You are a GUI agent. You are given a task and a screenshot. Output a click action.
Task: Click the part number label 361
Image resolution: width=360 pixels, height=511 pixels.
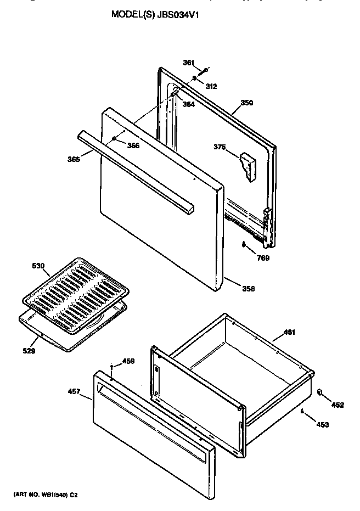188,63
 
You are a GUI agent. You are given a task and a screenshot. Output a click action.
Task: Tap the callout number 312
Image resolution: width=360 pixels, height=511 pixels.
211,86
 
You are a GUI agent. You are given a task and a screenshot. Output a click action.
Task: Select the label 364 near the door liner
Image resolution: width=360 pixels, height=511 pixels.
188,105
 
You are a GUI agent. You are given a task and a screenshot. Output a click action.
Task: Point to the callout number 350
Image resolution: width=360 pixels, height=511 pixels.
246,103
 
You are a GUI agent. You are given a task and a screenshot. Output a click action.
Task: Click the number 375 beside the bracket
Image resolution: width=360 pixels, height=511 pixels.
220,147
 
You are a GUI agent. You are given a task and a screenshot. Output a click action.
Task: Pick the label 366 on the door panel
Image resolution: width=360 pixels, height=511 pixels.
133,145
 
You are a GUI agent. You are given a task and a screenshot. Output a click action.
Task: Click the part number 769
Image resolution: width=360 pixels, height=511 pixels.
263,258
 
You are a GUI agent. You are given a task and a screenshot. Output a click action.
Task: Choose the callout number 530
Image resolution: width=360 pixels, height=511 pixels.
38,266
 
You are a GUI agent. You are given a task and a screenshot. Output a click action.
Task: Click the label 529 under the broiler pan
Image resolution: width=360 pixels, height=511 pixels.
29,351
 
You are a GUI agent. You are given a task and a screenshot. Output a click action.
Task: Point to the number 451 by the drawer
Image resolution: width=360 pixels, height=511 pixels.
289,332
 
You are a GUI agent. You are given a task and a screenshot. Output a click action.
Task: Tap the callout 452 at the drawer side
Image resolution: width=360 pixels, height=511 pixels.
337,405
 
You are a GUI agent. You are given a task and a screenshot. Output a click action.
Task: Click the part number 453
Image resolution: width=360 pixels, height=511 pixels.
322,424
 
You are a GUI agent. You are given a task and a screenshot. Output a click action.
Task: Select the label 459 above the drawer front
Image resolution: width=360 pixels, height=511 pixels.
128,361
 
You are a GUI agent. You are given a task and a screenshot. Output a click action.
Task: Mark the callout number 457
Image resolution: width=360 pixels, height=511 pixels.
74,392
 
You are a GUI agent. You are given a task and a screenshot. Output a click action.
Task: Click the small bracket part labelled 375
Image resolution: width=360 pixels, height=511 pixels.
248,166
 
